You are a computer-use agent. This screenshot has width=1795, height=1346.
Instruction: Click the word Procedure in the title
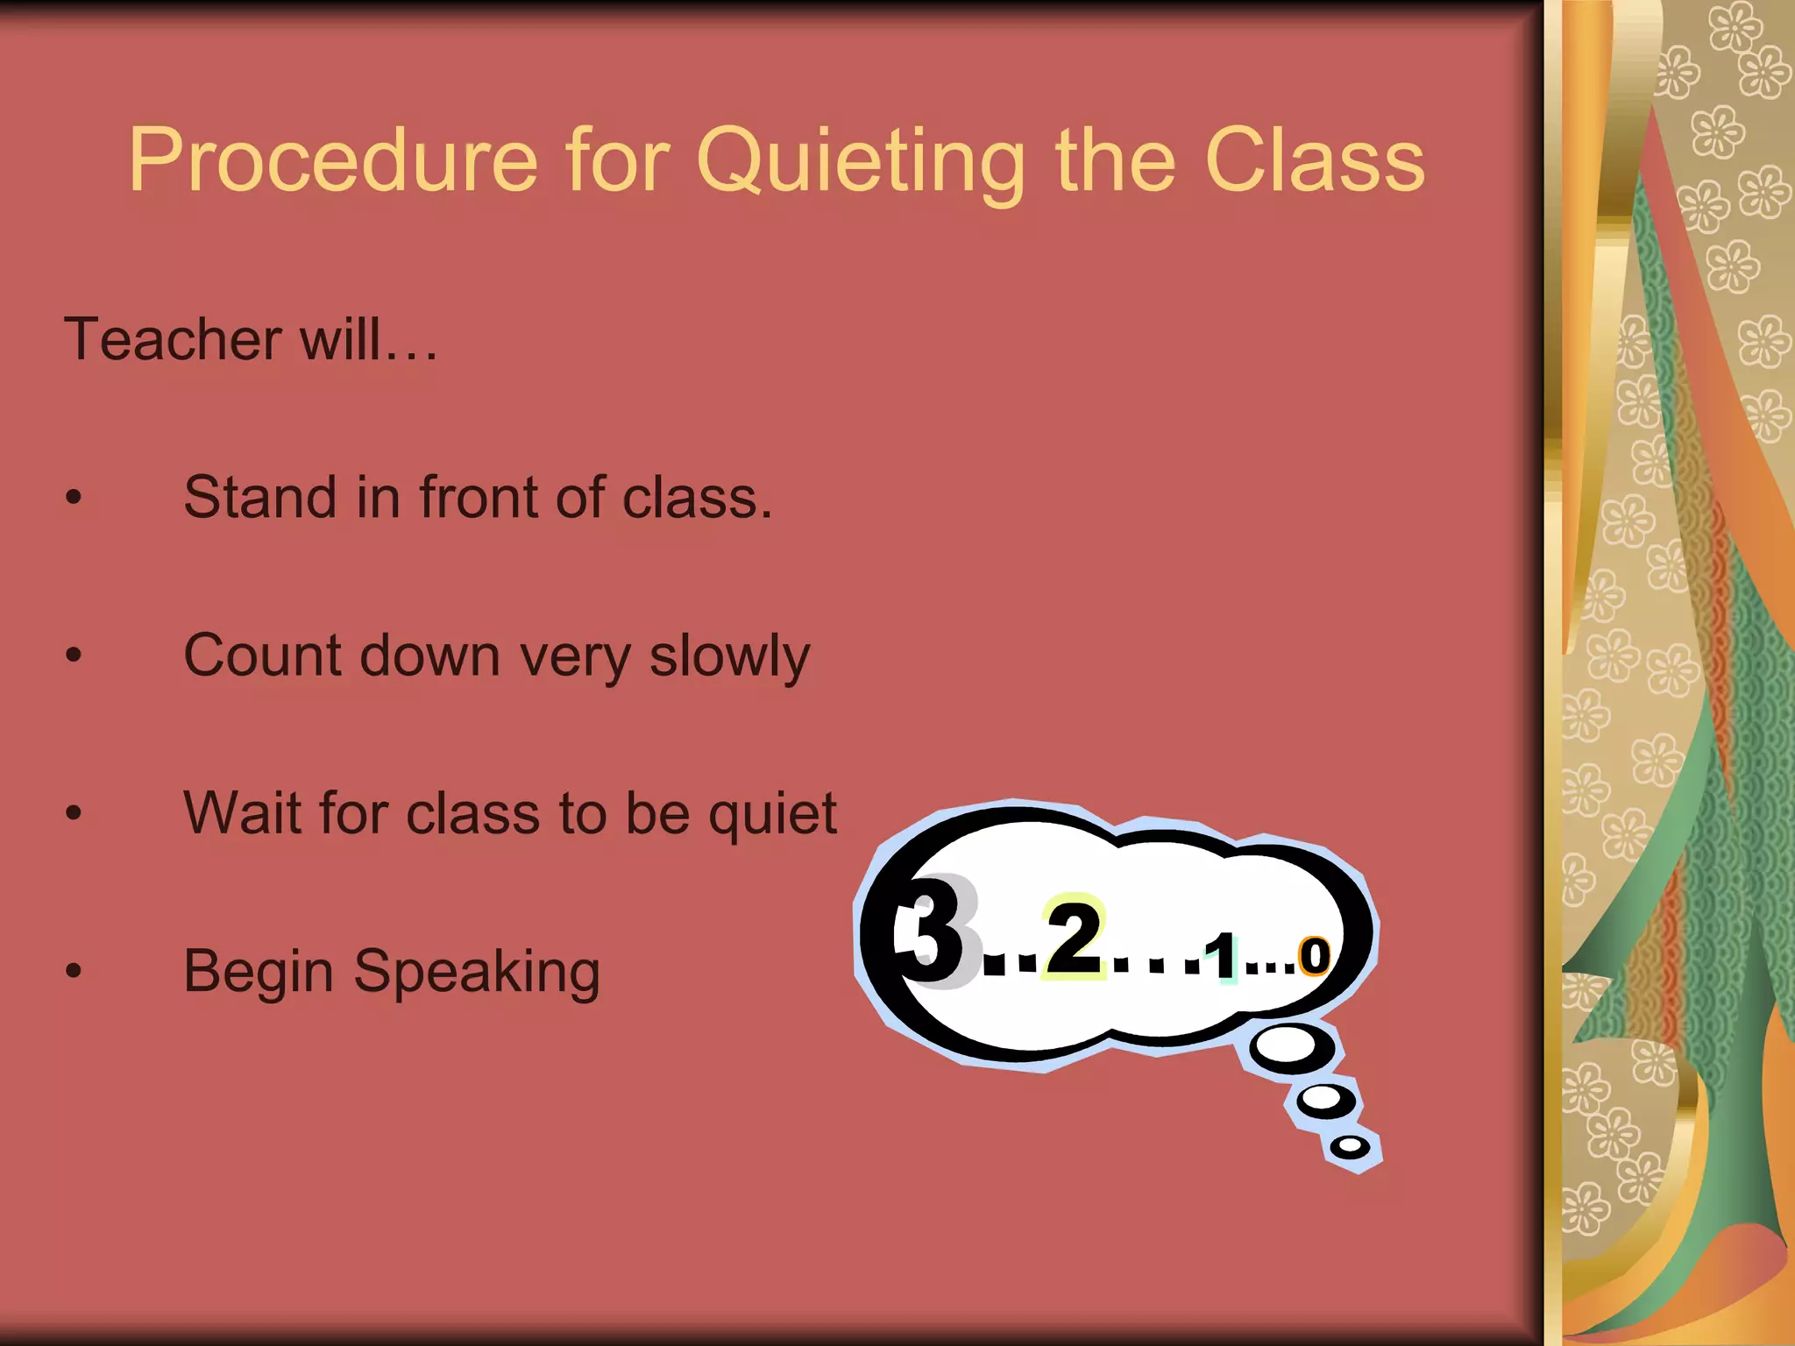point(333,160)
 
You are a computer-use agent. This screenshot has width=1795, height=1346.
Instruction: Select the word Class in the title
point(1315,160)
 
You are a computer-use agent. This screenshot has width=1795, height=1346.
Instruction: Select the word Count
point(262,655)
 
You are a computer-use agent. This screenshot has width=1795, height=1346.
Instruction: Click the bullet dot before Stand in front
point(74,498)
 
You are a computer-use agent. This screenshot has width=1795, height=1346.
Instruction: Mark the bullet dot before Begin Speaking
point(74,971)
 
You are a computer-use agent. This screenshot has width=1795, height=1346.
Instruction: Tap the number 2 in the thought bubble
point(1074,938)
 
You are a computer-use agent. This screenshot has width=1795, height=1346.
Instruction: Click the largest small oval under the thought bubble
point(1289,1045)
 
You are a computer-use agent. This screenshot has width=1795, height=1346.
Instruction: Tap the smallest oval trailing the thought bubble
point(1351,1146)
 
